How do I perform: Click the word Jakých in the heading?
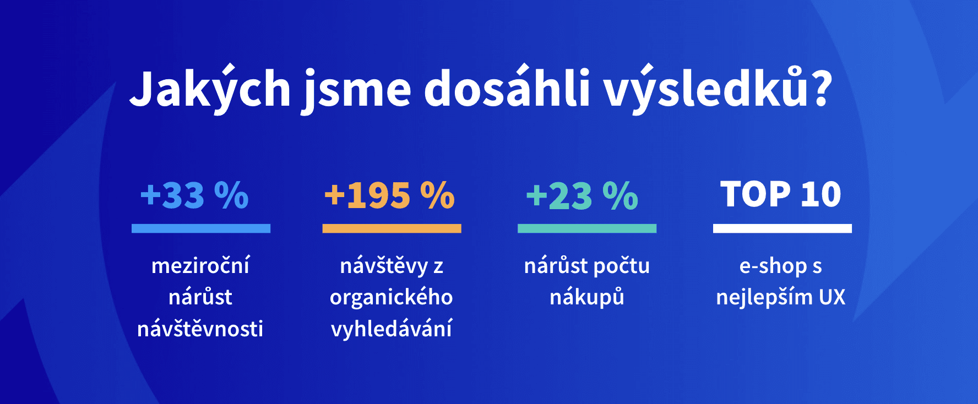tap(210, 89)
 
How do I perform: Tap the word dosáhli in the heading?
tap(507, 87)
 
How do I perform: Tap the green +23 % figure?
tap(582, 195)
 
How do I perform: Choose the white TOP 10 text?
tap(781, 194)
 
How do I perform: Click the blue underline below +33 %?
tap(201, 228)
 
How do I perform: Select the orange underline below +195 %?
tap(392, 228)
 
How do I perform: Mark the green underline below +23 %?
tap(587, 228)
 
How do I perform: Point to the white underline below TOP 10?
tap(783, 228)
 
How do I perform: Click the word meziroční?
tap(200, 265)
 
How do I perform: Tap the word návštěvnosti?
tap(200, 329)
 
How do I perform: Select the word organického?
tap(392, 298)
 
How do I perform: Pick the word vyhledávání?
tap(392, 329)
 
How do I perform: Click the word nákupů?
tap(587, 298)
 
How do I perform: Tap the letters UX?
tap(832, 297)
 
